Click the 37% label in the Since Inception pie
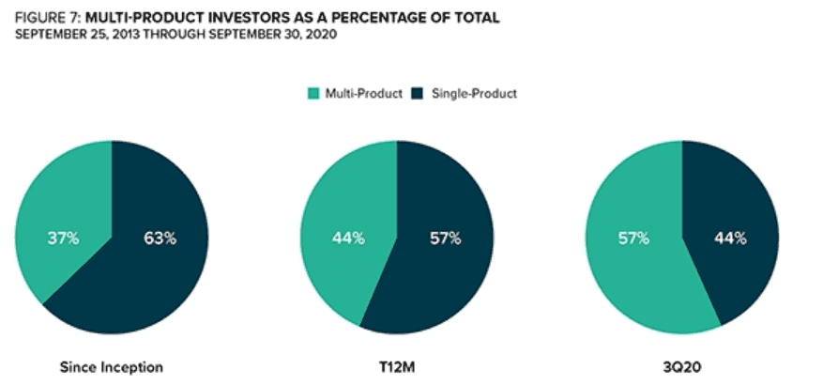[63, 238]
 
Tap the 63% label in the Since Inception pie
[160, 238]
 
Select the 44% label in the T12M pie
[348, 238]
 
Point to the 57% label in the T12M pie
[445, 238]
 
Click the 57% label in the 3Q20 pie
[632, 238]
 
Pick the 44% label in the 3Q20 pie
[729, 238]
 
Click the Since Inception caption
[112, 367]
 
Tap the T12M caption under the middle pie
[397, 367]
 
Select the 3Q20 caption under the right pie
[682, 367]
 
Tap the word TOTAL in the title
[475, 18]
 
